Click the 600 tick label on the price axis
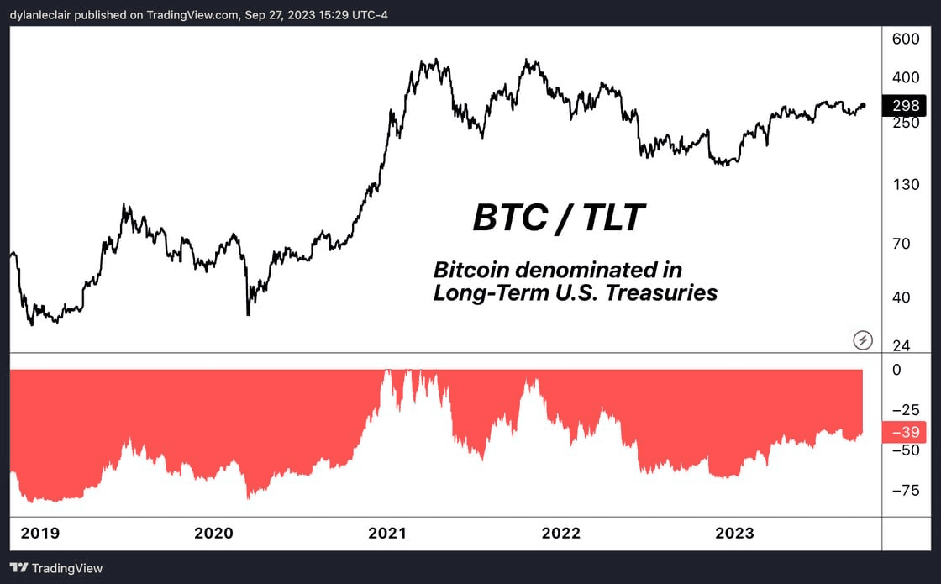(906, 39)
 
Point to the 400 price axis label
(906, 77)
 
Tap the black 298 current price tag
(906, 106)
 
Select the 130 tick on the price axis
(906, 184)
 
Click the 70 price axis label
(902, 244)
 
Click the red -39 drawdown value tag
(905, 433)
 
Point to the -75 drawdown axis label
(905, 491)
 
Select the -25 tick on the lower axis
(905, 410)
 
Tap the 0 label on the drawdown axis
(896, 369)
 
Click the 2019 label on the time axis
(40, 533)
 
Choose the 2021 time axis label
(388, 533)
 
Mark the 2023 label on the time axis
(734, 533)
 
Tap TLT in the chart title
(612, 218)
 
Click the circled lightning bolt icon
(863, 339)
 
